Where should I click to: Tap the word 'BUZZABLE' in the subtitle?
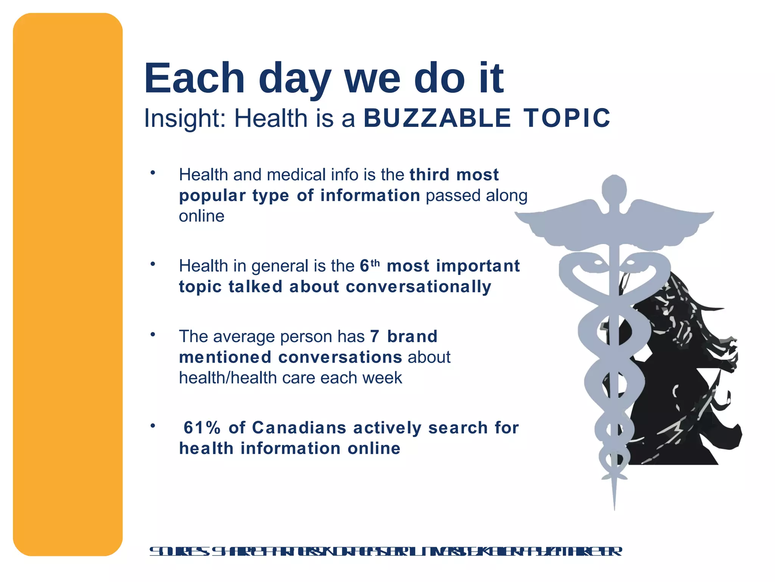(x=437, y=118)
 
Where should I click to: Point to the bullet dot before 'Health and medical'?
(x=153, y=173)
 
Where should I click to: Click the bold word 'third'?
(x=430, y=175)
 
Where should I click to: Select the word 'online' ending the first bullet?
(x=201, y=216)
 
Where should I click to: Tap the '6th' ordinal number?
(x=369, y=266)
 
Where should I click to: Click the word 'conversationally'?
(x=418, y=286)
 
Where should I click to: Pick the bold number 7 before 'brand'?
(x=374, y=336)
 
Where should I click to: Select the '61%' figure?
(x=202, y=428)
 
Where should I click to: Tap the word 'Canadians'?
(x=299, y=428)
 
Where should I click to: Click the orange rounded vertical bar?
(x=68, y=284)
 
